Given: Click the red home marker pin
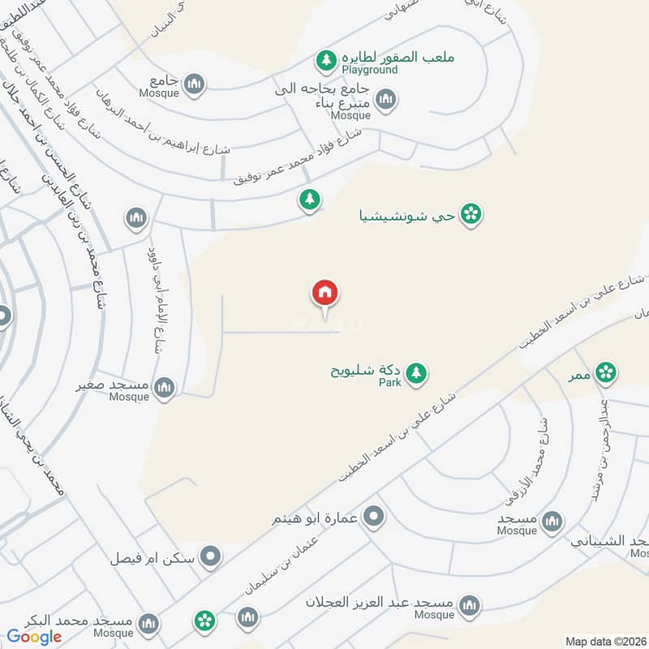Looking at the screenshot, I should coord(324,294).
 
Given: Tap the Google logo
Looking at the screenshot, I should coord(35,637).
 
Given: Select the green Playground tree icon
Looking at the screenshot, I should coord(326,60).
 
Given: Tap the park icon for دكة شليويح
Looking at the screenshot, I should coord(416,373).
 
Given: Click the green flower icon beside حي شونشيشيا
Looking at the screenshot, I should coord(471,214).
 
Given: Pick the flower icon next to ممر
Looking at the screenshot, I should coord(604,372).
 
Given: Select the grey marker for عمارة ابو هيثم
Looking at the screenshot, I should coord(374,516).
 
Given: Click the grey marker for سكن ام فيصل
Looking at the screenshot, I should coord(211,557).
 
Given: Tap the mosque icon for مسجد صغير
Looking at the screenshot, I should coord(165,388).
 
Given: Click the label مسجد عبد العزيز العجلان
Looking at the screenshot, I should coord(378,604).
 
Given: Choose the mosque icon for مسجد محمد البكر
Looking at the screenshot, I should coord(148,622).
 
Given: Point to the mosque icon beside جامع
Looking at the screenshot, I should coord(194,84).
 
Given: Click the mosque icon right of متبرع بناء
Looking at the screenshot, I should coord(385,99).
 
